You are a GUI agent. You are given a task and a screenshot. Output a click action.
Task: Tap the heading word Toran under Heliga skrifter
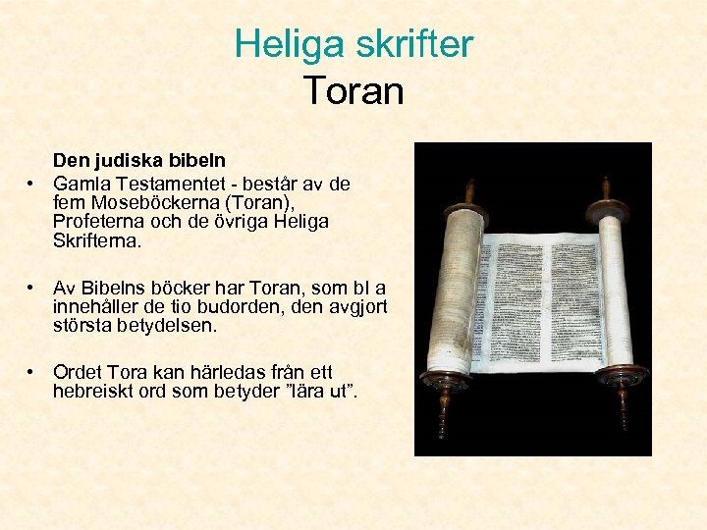(x=353, y=90)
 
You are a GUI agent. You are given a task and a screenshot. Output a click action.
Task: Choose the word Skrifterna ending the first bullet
(x=97, y=239)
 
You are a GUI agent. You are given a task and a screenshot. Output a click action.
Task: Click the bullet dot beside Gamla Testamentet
(x=32, y=185)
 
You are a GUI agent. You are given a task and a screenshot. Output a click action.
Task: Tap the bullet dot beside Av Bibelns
(x=32, y=289)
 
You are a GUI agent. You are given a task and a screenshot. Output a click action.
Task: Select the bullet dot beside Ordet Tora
(x=32, y=374)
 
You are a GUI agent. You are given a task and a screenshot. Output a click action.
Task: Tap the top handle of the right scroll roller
(x=606, y=189)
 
